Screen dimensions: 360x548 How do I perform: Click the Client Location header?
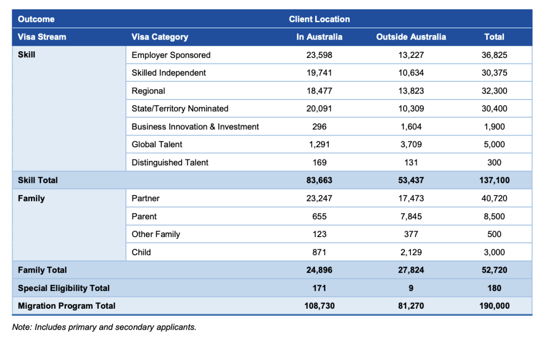click(319, 19)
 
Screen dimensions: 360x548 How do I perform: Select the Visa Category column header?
click(159, 37)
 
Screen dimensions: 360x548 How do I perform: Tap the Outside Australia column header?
click(411, 37)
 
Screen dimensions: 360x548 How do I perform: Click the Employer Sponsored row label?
click(170, 55)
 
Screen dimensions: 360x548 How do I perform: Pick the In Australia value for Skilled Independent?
click(319, 73)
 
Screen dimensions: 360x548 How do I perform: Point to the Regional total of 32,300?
click(494, 91)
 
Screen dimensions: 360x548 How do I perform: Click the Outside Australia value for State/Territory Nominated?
click(411, 109)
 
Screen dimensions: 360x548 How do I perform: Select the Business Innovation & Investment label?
click(195, 126)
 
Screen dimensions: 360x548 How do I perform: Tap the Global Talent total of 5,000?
click(494, 144)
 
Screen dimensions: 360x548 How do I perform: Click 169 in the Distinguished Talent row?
click(320, 162)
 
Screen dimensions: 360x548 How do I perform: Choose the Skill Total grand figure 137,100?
click(494, 180)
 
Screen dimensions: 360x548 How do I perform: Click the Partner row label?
click(146, 199)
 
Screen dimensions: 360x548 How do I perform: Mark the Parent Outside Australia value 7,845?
click(411, 216)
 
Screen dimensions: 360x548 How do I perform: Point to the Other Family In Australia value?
click(320, 234)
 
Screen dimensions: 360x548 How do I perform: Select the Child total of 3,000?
click(494, 252)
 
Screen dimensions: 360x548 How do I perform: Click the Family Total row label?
click(42, 270)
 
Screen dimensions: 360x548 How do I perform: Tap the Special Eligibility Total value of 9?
click(411, 288)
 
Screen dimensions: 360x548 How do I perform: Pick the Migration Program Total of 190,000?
click(494, 306)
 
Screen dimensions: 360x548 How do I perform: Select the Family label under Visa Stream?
click(31, 199)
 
